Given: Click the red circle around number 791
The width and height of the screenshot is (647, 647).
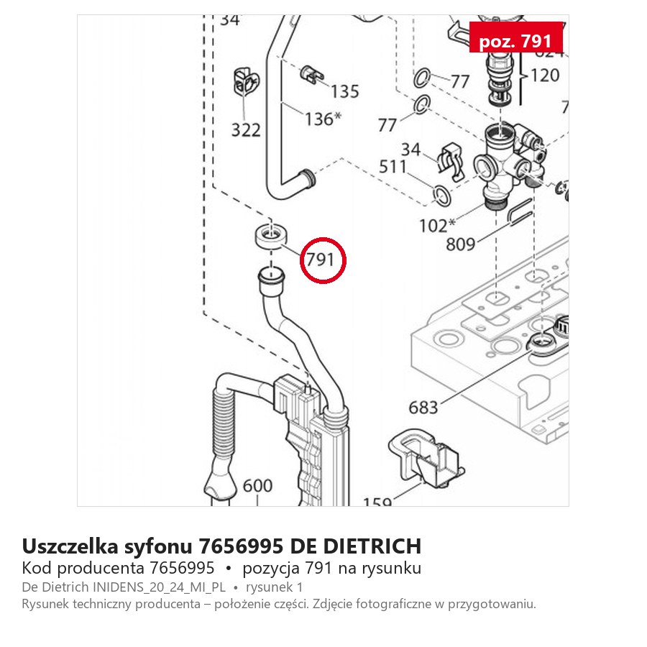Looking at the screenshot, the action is pos(323,239).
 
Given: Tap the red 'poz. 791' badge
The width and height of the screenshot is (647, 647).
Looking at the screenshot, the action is pos(515,37).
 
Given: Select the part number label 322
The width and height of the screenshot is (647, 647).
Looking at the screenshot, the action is pos(246,130).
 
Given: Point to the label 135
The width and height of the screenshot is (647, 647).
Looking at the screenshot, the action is pos(344,91).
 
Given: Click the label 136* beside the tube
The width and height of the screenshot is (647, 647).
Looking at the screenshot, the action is pos(323,119).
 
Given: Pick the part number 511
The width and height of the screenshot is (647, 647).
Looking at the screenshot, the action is pos(393,167).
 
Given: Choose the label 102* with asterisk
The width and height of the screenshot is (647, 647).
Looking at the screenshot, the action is pos(437,226).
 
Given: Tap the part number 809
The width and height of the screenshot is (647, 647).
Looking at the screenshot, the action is pos(461,244).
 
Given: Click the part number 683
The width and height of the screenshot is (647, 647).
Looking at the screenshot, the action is pos(423,408).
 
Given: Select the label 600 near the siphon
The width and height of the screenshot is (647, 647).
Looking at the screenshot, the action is pos(257,486).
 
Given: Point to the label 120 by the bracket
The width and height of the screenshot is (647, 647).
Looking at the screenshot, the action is pos(545,75).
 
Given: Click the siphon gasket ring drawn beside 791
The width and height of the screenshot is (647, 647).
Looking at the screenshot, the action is pos(271,237).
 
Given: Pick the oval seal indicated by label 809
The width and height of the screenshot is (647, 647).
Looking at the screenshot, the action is pos(520,211).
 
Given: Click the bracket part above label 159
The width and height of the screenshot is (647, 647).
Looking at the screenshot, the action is pos(426,457).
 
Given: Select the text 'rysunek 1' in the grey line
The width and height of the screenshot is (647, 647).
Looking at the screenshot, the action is pos(274,587).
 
